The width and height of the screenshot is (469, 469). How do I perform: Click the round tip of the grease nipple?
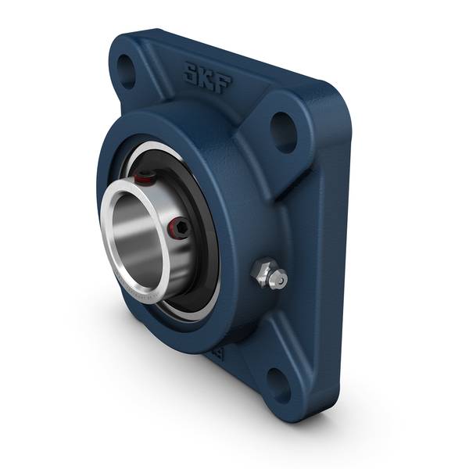pyautogui.click(x=278, y=279)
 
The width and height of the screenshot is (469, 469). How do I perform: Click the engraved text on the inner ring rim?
pyautogui.click(x=141, y=297)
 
